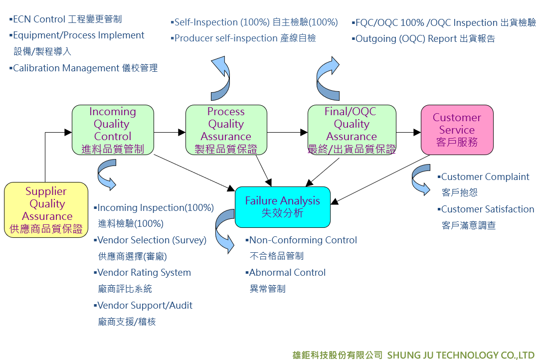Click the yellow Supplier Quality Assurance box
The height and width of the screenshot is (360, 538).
[x=46, y=210]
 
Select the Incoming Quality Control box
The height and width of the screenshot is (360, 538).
[x=113, y=130]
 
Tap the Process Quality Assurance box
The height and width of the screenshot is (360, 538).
[x=226, y=130]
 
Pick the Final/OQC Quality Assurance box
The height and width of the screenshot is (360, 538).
[x=352, y=130]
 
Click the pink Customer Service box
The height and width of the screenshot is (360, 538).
[x=457, y=130]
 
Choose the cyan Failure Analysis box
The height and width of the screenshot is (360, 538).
[x=282, y=207]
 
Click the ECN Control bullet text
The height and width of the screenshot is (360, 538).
[x=65, y=19]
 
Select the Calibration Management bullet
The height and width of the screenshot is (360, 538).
[x=83, y=68]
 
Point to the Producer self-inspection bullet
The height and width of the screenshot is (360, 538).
[x=243, y=38]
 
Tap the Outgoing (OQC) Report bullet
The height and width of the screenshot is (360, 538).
[x=423, y=39]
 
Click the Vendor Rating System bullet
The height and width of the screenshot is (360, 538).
[x=142, y=272]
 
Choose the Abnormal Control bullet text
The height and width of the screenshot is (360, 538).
[x=286, y=272]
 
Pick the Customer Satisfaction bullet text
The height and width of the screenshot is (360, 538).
[x=486, y=209]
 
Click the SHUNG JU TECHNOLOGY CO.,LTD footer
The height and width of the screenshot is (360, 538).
[x=461, y=355]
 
